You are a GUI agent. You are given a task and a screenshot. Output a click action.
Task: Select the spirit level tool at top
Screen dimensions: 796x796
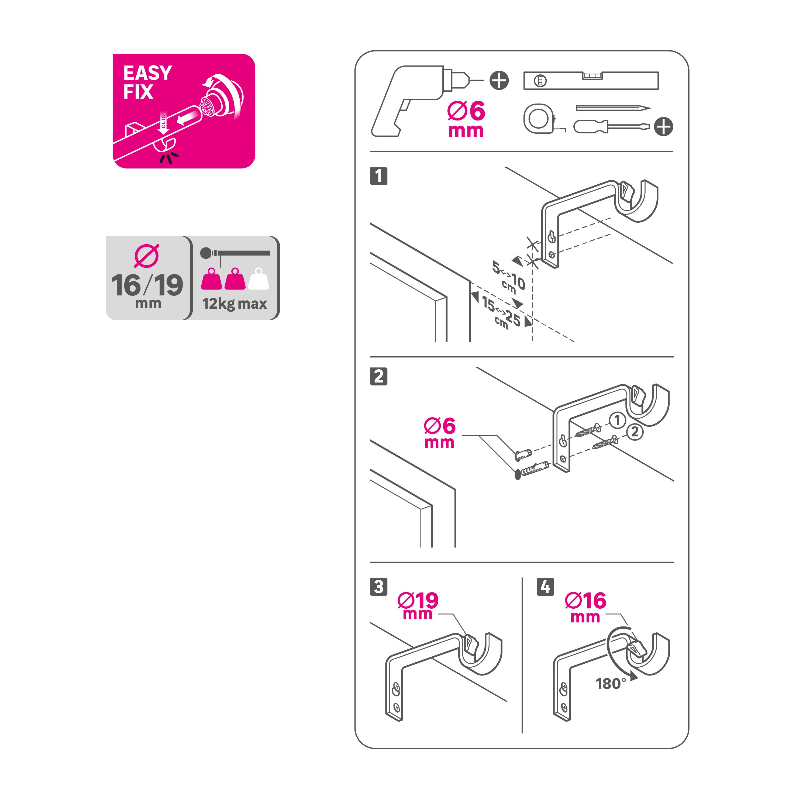(x=590, y=80)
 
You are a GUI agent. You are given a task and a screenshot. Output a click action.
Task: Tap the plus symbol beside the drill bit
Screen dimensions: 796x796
(x=499, y=80)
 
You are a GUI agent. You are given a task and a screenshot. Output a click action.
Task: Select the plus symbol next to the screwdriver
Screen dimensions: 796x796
(x=663, y=126)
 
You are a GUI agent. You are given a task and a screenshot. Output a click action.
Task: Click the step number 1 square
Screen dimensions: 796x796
(x=379, y=176)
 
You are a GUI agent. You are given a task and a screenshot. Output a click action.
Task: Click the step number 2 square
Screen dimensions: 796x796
(x=379, y=376)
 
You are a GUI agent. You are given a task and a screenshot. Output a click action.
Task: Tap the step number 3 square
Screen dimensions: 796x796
(x=379, y=587)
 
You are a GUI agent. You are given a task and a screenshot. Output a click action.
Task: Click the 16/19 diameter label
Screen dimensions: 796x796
(x=147, y=285)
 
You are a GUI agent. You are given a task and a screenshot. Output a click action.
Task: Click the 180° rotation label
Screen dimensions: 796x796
(x=611, y=684)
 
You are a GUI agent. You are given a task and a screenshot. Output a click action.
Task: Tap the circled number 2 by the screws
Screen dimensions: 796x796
(x=635, y=432)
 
